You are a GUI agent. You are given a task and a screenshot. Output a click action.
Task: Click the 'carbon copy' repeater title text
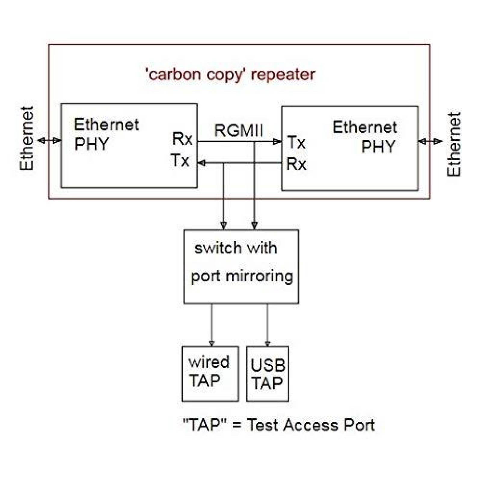point(230,74)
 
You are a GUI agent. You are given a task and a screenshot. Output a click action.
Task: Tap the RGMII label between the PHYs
point(238,131)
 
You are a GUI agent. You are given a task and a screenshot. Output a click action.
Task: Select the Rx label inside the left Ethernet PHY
point(182,139)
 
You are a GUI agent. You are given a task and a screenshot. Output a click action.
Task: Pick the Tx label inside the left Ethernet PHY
point(180,160)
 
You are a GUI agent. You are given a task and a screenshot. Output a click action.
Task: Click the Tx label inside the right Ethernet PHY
point(296,142)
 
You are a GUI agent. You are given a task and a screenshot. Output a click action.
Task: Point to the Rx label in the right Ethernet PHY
point(296,164)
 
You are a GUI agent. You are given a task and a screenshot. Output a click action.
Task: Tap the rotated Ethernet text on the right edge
point(454,144)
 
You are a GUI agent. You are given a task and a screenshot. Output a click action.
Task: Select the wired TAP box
point(210,373)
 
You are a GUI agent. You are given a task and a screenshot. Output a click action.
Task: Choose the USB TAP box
point(267,373)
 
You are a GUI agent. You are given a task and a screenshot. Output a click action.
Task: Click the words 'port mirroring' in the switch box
point(242,276)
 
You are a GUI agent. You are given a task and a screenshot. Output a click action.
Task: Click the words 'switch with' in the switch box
point(236,248)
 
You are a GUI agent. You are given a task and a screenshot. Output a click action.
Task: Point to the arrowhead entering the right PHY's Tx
point(277,142)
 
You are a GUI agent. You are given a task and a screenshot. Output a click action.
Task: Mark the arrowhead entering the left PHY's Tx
point(201,163)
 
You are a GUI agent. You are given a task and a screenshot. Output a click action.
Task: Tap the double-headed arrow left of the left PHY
point(49,140)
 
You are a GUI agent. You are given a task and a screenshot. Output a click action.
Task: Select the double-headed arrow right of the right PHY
point(430,141)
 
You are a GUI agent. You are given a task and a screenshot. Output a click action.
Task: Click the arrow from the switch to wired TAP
point(212,325)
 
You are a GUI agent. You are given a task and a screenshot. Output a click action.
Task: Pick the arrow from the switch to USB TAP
point(267,325)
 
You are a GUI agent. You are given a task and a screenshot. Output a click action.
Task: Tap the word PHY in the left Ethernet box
point(91,144)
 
